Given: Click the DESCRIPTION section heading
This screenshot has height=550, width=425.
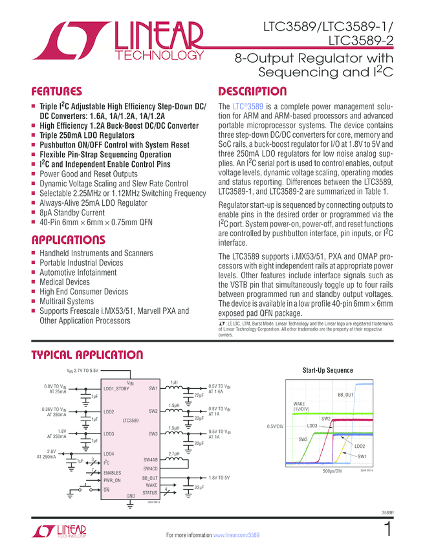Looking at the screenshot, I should (x=252, y=91).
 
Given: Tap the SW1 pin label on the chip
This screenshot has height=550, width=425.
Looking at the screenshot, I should (x=153, y=389).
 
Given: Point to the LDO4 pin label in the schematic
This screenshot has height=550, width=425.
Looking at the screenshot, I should (x=108, y=454).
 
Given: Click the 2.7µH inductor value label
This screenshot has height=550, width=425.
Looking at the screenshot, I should (x=174, y=454).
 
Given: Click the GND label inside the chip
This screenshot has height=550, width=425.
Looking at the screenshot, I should (x=130, y=495).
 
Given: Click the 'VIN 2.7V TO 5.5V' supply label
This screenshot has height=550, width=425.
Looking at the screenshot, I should (x=83, y=371).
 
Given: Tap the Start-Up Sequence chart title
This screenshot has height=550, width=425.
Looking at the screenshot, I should (x=328, y=370).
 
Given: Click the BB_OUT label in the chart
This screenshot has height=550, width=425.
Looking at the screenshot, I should (x=345, y=394).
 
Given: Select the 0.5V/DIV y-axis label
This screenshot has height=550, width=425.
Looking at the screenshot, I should (x=275, y=426).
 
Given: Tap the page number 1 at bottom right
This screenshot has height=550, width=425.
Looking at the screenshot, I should (x=387, y=529).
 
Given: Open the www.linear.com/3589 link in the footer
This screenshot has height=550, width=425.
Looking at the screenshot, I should (x=236, y=535).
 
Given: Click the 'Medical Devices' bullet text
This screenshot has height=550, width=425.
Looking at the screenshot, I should (x=65, y=282).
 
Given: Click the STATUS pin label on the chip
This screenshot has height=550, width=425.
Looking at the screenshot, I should (x=150, y=492).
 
